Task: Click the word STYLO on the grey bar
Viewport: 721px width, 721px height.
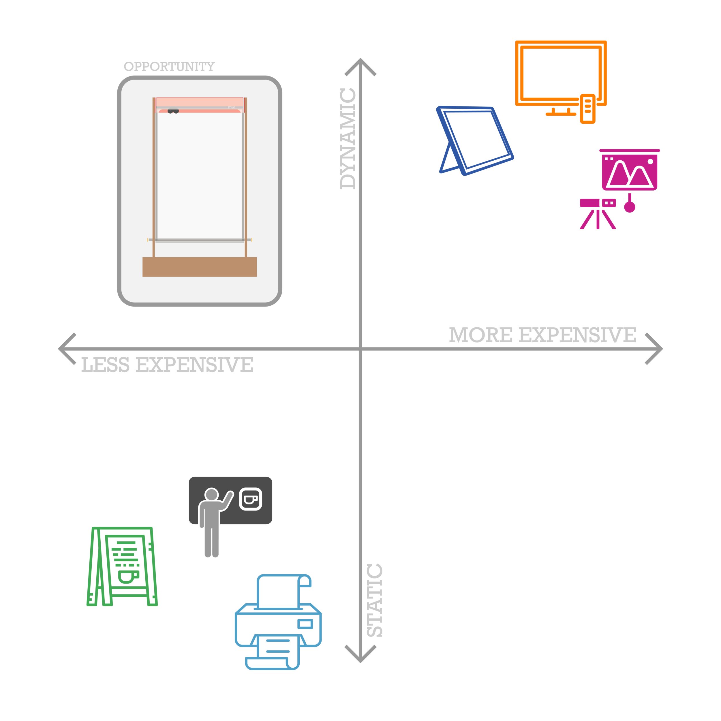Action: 231,108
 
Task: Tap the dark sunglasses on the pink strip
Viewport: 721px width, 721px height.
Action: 173,111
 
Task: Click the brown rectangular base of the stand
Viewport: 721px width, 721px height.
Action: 199,267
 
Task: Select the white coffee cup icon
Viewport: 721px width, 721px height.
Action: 250,499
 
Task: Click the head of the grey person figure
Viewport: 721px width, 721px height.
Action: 212,495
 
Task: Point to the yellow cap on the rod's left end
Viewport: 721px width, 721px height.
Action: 148,240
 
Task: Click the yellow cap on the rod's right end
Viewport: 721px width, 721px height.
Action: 251,240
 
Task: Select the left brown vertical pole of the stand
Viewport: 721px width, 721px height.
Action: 154,175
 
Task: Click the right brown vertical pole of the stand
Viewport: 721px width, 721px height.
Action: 245,175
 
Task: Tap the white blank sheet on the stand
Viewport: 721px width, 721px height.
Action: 200,175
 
